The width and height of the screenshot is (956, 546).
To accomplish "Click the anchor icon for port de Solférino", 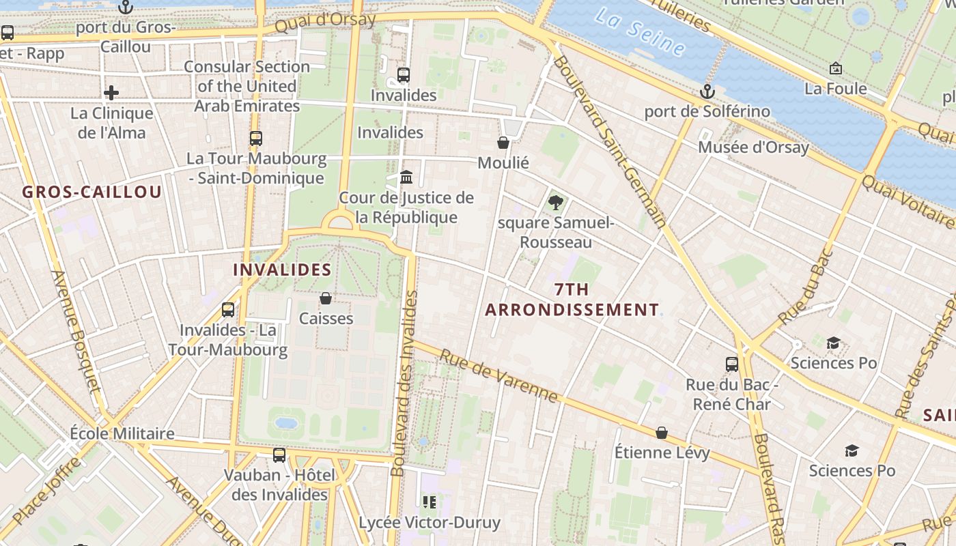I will click(x=707, y=91).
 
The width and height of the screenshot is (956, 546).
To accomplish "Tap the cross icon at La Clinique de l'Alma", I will click(x=111, y=93).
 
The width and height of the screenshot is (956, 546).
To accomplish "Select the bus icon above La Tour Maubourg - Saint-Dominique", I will click(x=256, y=139).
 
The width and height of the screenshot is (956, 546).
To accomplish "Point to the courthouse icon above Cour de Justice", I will click(x=406, y=177).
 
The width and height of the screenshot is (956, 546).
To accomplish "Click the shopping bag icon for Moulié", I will click(x=503, y=143).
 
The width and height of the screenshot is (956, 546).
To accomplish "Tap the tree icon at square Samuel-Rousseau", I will click(x=555, y=202).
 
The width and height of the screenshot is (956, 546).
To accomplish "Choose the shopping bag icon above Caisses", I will click(x=326, y=298).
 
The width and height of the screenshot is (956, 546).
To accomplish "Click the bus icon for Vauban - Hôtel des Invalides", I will click(x=279, y=455).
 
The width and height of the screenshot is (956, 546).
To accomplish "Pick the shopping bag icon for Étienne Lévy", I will click(x=661, y=433).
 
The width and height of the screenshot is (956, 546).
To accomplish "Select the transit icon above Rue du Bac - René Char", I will click(x=732, y=364).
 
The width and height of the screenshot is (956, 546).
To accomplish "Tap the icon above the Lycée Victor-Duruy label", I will click(x=430, y=503).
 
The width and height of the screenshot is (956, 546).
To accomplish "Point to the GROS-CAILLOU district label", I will click(x=92, y=192).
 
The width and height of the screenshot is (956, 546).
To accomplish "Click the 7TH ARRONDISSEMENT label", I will click(x=572, y=300).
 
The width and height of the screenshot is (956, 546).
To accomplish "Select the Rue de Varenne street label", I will click(x=498, y=375).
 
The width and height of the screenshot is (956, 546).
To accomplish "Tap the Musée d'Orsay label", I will click(x=753, y=147).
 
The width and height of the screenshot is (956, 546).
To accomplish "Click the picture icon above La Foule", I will click(x=835, y=68).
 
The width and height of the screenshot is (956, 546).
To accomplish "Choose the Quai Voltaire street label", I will click(x=908, y=202).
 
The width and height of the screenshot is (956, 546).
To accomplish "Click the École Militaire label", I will click(x=122, y=434).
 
